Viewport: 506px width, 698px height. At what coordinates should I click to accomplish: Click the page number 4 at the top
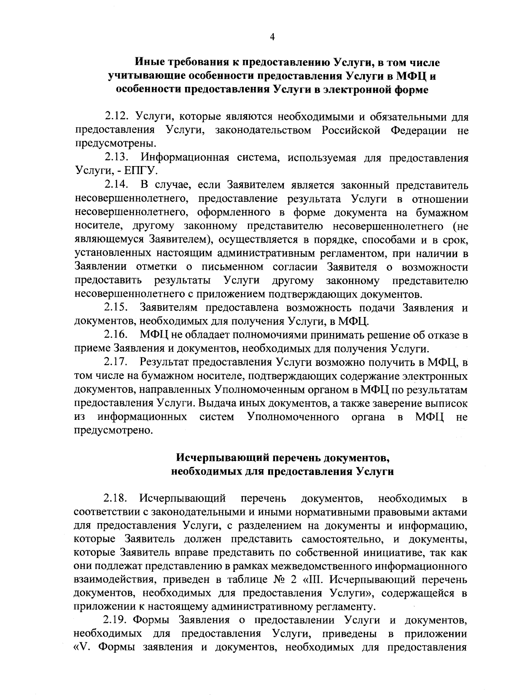tap(272, 38)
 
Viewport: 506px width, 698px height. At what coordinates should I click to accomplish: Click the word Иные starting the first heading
tap(149, 63)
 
